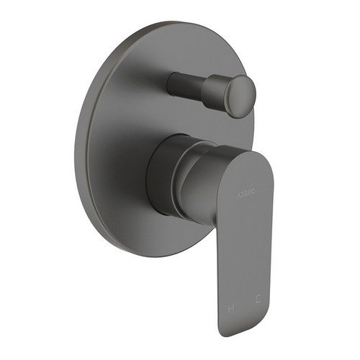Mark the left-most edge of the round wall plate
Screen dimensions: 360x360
point(75,144)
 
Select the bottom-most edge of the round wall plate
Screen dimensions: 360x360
point(144,258)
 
